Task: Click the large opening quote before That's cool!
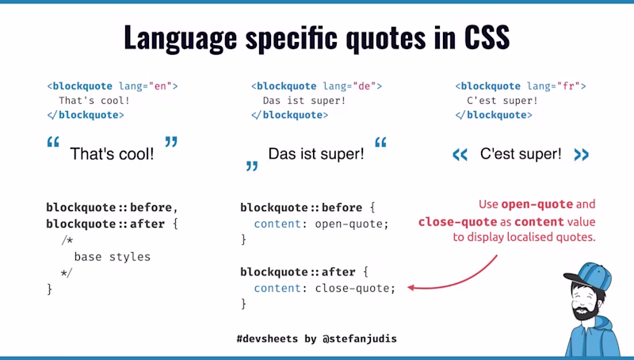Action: point(53,144)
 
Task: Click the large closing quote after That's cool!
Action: point(171,143)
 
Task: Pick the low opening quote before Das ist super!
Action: point(252,166)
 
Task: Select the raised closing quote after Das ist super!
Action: point(380,144)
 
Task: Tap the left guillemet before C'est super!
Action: point(460,155)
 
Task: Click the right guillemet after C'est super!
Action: point(581,155)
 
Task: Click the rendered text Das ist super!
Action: point(316,154)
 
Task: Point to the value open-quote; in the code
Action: point(352,224)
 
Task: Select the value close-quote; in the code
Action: point(354,288)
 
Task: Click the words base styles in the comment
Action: point(112,257)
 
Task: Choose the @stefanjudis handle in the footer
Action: point(360,339)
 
